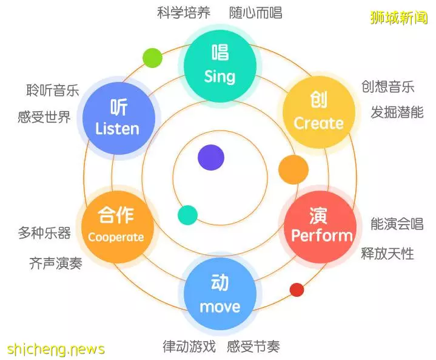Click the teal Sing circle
(220, 66)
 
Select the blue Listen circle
(119, 118)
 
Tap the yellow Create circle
(319, 112)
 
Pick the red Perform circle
(320, 227)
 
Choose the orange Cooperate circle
(118, 226)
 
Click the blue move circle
(220, 293)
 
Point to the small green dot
(152, 58)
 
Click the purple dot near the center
(211, 157)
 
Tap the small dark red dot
(297, 290)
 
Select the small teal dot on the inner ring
(188, 215)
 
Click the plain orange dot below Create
(293, 170)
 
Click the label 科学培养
(184, 13)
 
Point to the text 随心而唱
(255, 13)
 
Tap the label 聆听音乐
(53, 90)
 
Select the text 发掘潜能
(397, 112)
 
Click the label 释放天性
(387, 254)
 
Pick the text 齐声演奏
(56, 263)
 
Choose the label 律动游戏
(189, 347)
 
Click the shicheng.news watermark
(56, 349)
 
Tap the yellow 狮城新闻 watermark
(399, 18)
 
